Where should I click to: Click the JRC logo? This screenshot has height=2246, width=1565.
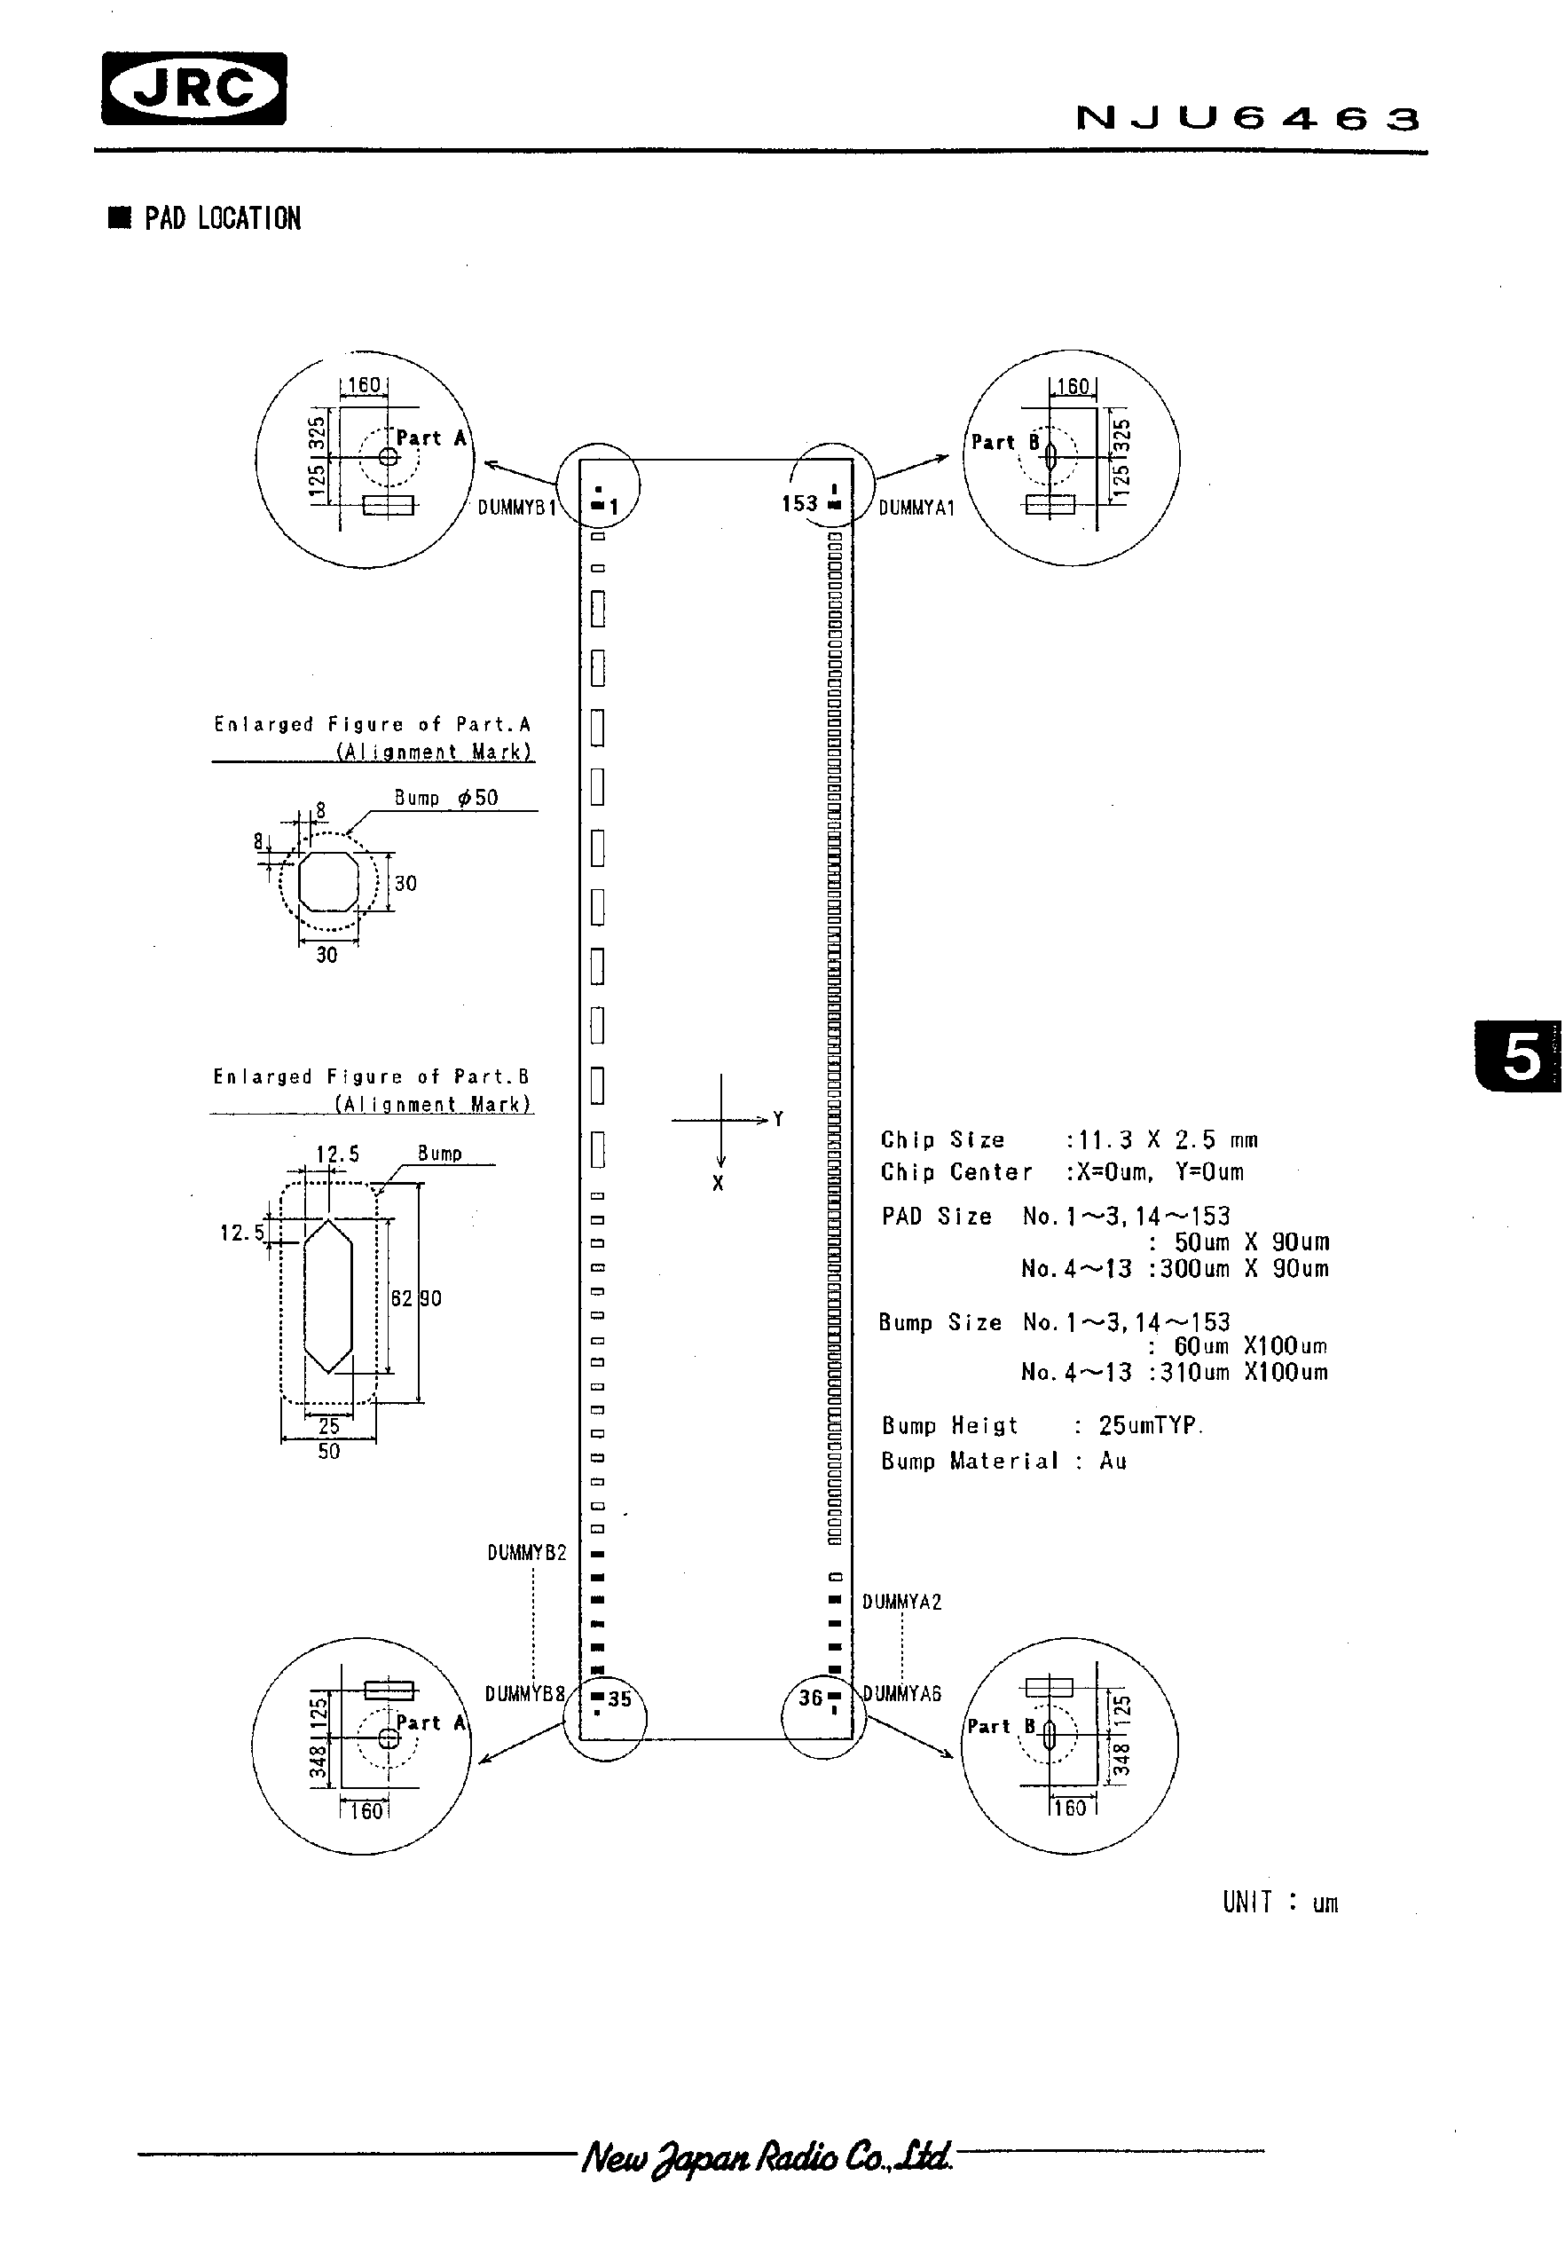point(193,89)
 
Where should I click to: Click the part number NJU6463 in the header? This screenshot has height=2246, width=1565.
point(1247,118)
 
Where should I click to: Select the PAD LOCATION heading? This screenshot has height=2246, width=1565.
point(222,218)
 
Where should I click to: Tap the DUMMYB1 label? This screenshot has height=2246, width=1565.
point(516,508)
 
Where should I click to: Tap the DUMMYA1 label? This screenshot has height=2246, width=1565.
point(916,508)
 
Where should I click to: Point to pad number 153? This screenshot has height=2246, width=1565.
point(798,503)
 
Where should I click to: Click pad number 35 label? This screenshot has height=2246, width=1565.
point(619,1699)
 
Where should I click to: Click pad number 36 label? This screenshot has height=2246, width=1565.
point(810,1698)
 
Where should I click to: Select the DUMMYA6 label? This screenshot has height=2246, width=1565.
point(902,1694)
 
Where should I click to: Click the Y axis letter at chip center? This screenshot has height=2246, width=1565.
point(779,1119)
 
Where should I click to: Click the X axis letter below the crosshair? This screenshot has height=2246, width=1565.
point(718,1184)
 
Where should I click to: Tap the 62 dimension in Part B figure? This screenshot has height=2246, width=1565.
point(401,1299)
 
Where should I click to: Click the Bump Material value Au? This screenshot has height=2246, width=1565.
point(1113,1462)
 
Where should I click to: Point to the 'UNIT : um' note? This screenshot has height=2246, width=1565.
point(1279,1903)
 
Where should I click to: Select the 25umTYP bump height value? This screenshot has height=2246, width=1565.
point(1149,1425)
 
